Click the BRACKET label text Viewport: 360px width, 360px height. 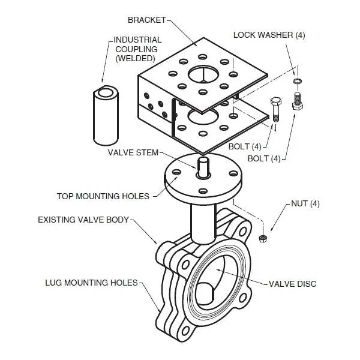tap(146, 20)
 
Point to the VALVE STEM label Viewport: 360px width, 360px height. tap(133, 152)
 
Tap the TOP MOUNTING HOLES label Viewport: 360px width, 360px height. tap(103, 196)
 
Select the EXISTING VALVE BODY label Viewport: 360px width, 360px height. tap(83, 220)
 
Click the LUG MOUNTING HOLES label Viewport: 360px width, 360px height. tap(92, 282)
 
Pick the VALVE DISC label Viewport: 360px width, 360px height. tap(292, 283)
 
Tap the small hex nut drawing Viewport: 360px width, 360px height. tap(262, 239)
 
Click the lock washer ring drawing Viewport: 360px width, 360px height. tap(296, 80)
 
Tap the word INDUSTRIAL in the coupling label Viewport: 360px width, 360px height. tap(137, 40)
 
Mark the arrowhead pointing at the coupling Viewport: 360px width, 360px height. tap(103, 82)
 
